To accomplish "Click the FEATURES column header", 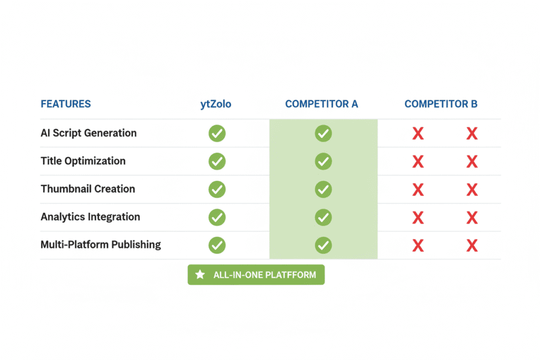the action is [66, 104].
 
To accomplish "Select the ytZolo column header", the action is [216, 104].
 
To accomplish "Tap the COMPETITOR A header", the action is [322, 104].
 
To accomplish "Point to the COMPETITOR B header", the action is [441, 104].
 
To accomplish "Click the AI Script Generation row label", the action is [89, 133].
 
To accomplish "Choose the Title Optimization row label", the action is [83, 161].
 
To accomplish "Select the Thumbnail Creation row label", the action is [88, 189].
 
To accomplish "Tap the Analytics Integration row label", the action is [90, 217].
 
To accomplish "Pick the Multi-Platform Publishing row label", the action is [101, 245].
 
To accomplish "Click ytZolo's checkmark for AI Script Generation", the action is [217, 133].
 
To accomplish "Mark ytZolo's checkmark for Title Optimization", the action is [217, 161].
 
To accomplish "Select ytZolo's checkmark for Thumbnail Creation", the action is [217, 189].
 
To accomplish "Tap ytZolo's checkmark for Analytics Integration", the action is [217, 217].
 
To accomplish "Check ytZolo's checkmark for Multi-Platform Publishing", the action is [217, 245].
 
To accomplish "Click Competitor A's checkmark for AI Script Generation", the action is [323, 133].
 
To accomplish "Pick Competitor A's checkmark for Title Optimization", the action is [323, 161].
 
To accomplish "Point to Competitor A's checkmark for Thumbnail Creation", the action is [323, 189].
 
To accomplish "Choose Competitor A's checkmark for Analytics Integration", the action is [323, 217].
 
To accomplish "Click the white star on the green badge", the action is [200, 274].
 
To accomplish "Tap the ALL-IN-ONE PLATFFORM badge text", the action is [265, 275].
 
